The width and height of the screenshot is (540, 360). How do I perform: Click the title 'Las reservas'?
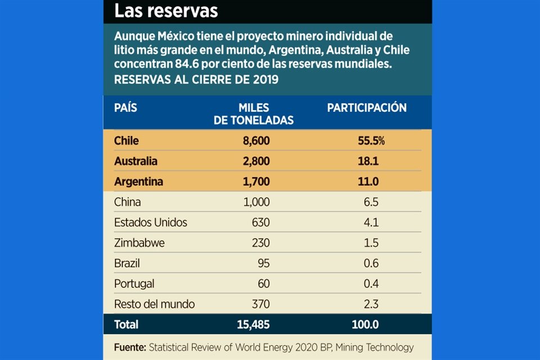pyautogui.click(x=166, y=11)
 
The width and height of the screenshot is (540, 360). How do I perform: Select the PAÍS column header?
pyautogui.click(x=125, y=107)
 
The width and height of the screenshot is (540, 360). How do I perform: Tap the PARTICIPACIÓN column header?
pyautogui.click(x=367, y=107)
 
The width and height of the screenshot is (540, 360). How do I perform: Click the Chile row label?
pyautogui.click(x=126, y=141)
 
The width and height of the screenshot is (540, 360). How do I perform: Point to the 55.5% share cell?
pyautogui.click(x=371, y=141)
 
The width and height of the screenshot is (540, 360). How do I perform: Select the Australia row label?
pyautogui.click(x=136, y=161)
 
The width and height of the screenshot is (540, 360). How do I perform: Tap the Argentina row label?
pyautogui.click(x=138, y=182)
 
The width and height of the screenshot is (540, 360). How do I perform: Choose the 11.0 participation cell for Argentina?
pyautogui.click(x=368, y=182)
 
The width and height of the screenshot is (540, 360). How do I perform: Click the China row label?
pyautogui.click(x=127, y=202)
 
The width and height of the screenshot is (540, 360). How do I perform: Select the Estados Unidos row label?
pyautogui.click(x=150, y=222)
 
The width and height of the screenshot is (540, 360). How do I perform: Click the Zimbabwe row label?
pyautogui.click(x=139, y=243)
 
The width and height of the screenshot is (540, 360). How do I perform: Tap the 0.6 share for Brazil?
pyautogui.click(x=371, y=263)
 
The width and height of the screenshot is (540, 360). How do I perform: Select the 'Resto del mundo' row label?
pyautogui.click(x=154, y=304)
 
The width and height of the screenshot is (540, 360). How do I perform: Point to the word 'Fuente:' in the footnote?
pyautogui.click(x=129, y=348)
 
